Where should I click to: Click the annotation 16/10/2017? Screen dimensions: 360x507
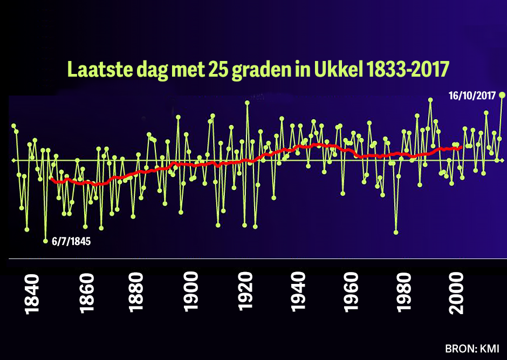(x=473, y=96)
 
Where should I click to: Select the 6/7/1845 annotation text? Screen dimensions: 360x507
(x=71, y=241)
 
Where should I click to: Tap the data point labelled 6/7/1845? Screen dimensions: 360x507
(x=46, y=241)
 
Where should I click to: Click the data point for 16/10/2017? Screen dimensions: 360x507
(x=502, y=95)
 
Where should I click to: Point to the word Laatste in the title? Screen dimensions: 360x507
(x=99, y=70)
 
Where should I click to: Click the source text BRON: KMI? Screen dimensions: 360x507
(x=472, y=348)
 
